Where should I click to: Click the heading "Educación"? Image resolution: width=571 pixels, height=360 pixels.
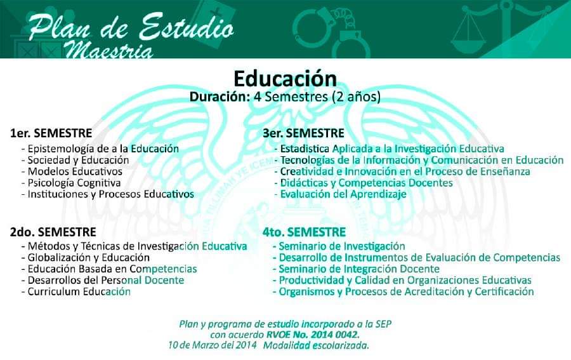285,78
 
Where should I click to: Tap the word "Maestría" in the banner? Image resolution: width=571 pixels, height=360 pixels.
109,50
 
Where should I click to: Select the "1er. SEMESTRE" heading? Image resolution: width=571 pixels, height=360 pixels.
51,133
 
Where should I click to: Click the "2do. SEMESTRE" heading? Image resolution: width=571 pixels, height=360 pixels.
53,232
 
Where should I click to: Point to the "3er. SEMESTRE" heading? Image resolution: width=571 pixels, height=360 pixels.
303,133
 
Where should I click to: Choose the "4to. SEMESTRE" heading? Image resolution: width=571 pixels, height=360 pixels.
304,232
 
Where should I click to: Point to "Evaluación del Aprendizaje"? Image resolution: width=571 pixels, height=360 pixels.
343,194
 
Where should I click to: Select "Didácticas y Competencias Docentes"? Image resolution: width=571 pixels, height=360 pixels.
366,183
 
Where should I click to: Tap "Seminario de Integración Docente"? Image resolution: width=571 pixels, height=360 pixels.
359,269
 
